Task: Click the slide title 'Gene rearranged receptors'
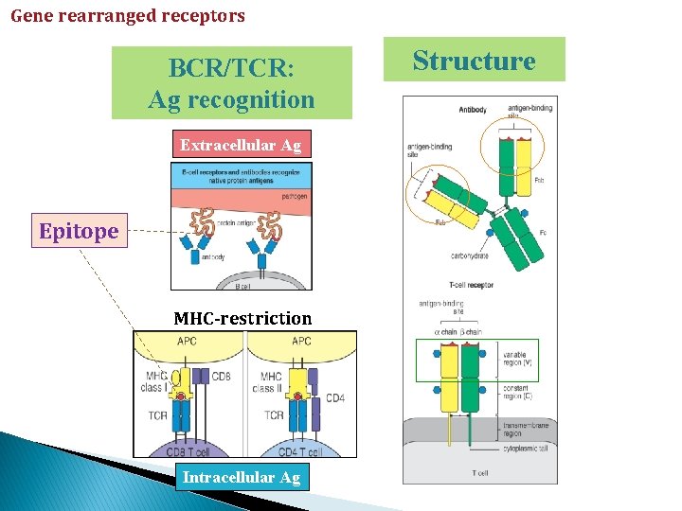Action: click(x=128, y=16)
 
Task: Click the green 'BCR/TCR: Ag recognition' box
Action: click(x=232, y=83)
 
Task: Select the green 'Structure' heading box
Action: click(x=474, y=61)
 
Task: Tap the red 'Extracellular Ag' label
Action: click(x=241, y=145)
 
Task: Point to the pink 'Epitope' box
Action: click(x=79, y=231)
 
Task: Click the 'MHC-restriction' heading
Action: click(x=242, y=318)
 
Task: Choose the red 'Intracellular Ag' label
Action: click(x=241, y=478)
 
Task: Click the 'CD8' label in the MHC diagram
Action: click(x=222, y=377)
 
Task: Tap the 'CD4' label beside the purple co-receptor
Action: click(x=335, y=397)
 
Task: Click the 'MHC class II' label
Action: click(x=269, y=382)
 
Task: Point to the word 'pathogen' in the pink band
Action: click(x=295, y=197)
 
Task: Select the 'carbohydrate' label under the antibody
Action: click(x=471, y=255)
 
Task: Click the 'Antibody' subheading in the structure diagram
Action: click(x=472, y=110)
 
